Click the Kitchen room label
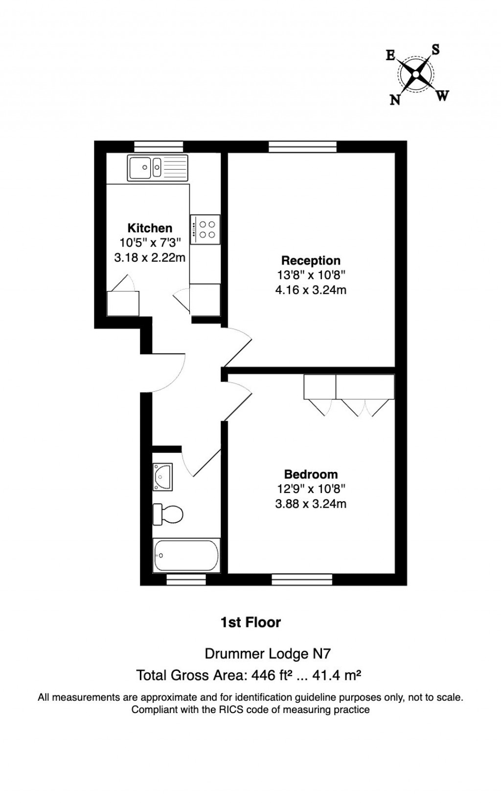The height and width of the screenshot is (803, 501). point(150,228)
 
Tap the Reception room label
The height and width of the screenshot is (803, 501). point(311,261)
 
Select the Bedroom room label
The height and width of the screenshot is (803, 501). point(311,474)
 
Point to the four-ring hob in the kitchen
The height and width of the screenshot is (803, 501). point(205,229)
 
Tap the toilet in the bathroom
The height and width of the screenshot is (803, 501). point(168,514)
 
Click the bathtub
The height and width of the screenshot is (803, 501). point(186,556)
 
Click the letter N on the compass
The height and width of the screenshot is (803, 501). point(395,100)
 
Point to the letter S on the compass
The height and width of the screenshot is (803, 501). point(435,49)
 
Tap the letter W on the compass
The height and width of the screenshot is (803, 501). point(442,96)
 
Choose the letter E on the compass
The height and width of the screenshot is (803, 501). point(390,55)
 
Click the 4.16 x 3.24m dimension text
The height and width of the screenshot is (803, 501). point(311,290)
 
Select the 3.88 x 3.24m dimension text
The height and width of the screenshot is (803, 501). point(311,504)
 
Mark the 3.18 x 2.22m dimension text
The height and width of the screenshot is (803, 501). point(150,257)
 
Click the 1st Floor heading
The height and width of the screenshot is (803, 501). point(250,623)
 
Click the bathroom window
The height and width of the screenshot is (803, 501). point(186,580)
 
